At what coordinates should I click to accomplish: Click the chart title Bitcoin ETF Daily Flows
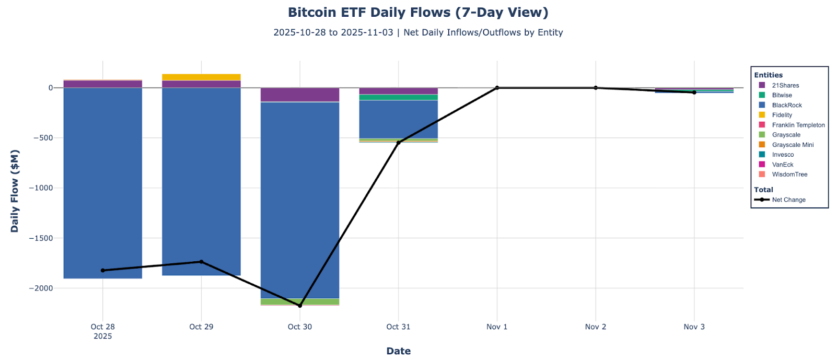point(418,13)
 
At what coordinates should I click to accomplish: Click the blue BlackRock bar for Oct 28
point(103,183)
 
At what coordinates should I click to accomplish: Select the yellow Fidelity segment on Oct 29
point(201,77)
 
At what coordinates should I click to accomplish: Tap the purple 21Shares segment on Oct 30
point(300,95)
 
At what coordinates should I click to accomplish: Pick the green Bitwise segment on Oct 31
point(398,97)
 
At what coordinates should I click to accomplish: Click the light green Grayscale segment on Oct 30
point(300,301)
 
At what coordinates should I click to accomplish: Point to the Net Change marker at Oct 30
point(300,306)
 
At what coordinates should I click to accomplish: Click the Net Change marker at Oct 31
point(398,143)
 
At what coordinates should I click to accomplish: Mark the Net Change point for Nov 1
point(497,88)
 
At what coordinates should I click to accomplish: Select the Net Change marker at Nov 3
point(694,92)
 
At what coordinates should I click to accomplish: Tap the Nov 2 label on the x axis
point(596,327)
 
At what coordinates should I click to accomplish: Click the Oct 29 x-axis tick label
point(201,327)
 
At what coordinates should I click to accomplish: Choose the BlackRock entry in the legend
point(786,105)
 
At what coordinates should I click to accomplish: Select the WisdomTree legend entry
point(789,175)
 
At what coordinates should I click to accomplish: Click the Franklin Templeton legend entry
point(798,125)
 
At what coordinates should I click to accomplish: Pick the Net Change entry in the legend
point(788,200)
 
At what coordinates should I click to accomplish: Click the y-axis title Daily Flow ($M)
point(15,191)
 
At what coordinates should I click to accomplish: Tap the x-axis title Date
point(398,351)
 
